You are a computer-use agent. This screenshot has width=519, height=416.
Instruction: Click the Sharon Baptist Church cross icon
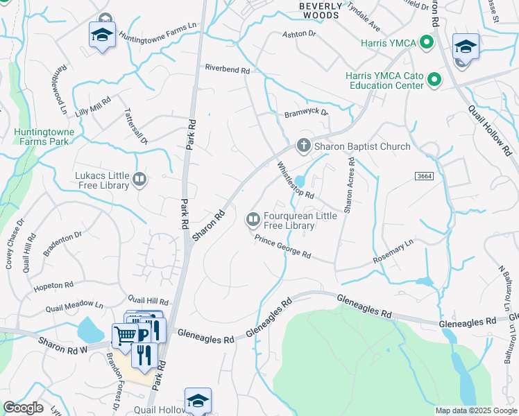pos(303,146)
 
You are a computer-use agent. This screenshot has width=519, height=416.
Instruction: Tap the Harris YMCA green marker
pos(427,43)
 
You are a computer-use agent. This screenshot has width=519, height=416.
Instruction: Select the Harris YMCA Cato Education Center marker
pos(435,80)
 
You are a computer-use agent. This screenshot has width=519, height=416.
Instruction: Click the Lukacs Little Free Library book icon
pos(139,180)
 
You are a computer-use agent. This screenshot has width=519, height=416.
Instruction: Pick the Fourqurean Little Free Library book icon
pos(253,220)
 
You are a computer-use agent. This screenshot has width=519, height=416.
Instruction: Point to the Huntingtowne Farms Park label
pos(43,136)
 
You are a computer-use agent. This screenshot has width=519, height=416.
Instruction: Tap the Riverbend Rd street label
pos(226,69)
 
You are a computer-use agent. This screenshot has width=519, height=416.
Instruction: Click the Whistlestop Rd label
pos(296,180)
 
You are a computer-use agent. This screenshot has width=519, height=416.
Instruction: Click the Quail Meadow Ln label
pos(74,306)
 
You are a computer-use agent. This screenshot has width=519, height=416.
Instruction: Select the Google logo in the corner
pos(23,408)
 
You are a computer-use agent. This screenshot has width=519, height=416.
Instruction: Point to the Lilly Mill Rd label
pos(93,105)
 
